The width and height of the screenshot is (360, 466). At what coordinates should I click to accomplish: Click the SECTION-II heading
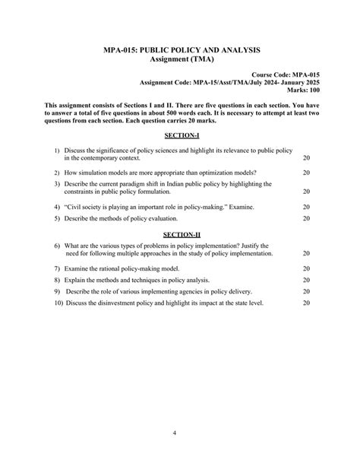click(x=182, y=233)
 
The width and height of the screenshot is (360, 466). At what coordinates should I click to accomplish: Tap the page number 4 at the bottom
click(x=175, y=433)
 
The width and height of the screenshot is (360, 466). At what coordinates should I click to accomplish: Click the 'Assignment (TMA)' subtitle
click(x=182, y=59)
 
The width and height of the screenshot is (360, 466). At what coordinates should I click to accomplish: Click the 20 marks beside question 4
click(x=306, y=207)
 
